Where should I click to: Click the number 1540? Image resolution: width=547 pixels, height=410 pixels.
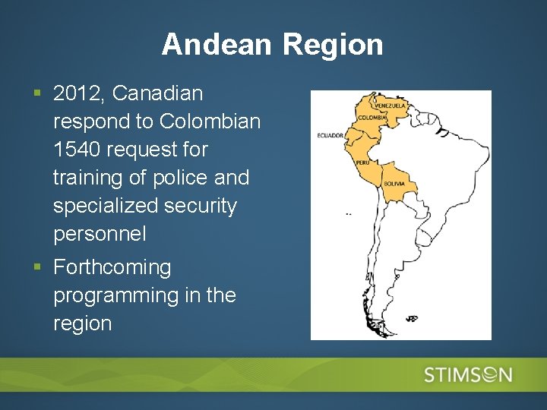coord(77,150)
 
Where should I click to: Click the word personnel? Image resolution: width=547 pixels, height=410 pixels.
coord(100,234)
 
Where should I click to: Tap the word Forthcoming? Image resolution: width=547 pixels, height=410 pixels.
coord(112,267)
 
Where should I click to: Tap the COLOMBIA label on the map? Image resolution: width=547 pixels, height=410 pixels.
coord(373,118)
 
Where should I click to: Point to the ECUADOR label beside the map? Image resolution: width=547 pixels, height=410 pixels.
coord(331,136)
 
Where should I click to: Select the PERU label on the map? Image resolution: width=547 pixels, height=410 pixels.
coord(362,162)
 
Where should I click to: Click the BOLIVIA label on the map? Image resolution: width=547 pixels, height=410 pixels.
coord(394,184)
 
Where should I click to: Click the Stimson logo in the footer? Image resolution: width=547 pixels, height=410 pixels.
coord(468,374)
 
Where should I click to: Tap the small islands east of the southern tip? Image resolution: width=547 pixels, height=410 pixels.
coord(411,318)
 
